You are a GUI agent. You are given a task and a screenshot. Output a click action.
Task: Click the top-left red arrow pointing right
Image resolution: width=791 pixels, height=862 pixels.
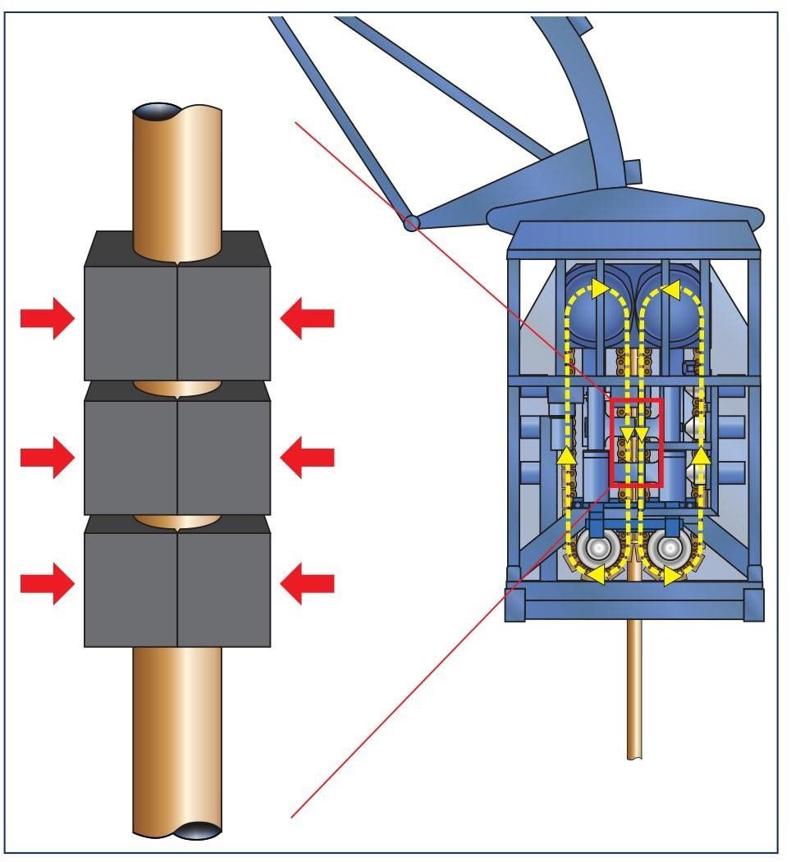[x=47, y=318]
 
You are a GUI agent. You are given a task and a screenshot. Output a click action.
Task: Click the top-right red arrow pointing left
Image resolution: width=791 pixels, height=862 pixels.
[x=307, y=318]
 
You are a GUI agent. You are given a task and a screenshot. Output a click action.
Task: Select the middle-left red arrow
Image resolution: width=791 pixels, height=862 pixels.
[x=47, y=457]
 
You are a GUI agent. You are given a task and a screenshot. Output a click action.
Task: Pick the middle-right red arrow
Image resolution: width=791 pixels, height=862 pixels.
[x=307, y=457]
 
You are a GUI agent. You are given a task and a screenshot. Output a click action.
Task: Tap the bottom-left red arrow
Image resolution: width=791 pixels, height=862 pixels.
[x=47, y=583]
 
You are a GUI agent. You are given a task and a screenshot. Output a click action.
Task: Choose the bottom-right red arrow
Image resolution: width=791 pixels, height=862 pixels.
[x=307, y=583]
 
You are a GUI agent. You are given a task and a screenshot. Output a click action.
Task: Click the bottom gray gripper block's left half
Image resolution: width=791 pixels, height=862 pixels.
[x=131, y=586]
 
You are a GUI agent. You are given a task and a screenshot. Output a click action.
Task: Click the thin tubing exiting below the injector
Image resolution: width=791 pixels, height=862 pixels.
[x=635, y=697]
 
